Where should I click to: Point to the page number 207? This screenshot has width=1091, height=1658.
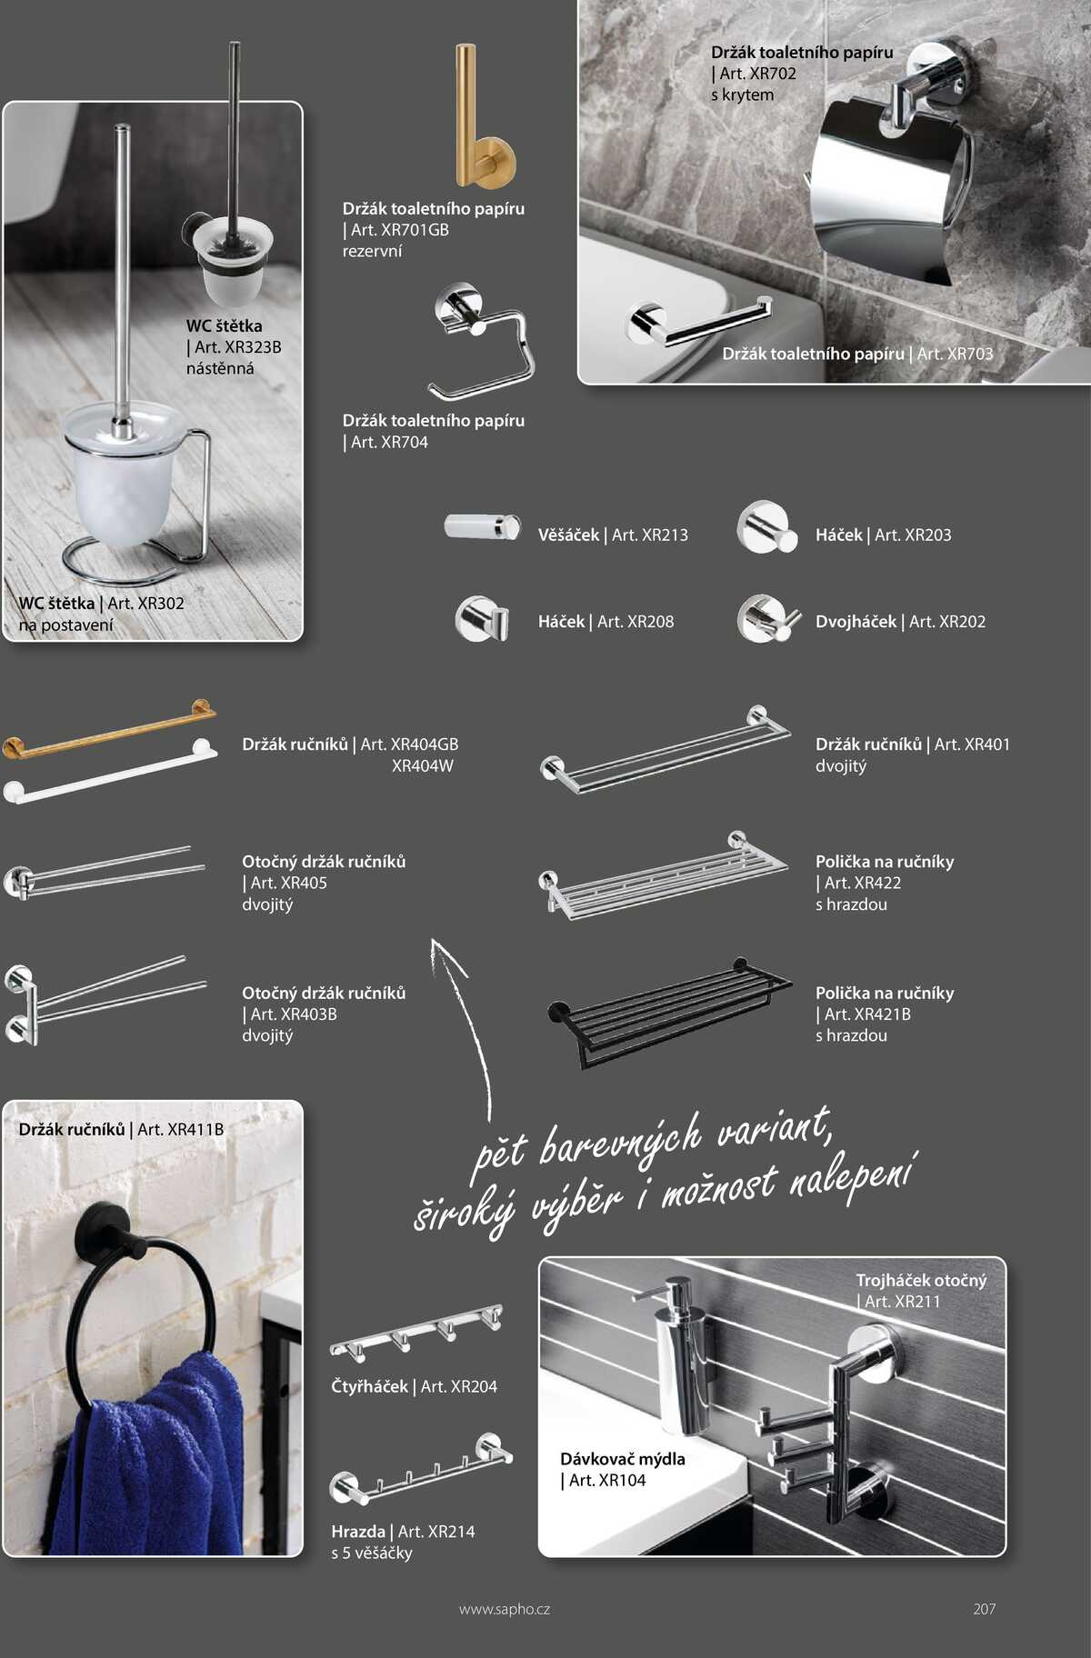click(x=984, y=1609)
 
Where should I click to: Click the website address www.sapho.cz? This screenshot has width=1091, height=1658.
click(x=505, y=1609)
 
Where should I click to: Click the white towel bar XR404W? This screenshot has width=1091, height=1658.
click(x=109, y=771)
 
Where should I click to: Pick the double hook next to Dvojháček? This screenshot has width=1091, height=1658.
click(x=768, y=619)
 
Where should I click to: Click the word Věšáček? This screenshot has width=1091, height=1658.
click(x=568, y=535)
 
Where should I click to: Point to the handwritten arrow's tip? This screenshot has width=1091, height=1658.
click(x=433, y=939)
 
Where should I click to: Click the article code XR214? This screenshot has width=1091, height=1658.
click(x=436, y=1532)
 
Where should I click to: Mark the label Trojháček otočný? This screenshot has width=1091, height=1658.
click(x=921, y=1281)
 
